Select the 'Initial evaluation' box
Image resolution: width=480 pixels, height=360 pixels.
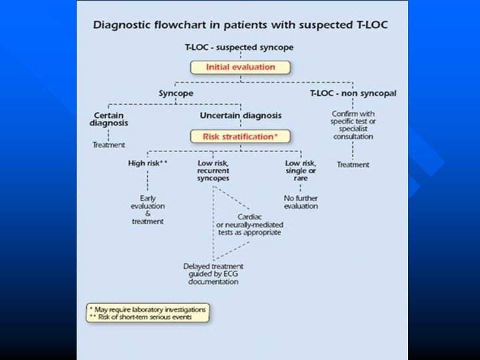(240, 67)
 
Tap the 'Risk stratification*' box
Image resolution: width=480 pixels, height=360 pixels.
(240, 136)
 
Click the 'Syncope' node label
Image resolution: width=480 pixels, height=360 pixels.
(176, 93)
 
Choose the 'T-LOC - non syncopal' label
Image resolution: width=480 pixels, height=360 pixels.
(353, 93)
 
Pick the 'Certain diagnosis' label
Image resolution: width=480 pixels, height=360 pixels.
(108, 119)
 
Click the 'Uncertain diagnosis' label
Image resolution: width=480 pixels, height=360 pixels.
(241, 115)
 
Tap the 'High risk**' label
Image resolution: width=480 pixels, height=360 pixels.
(147, 163)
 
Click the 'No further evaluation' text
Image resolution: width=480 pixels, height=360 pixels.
(301, 202)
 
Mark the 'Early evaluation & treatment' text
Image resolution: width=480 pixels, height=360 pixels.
(147, 209)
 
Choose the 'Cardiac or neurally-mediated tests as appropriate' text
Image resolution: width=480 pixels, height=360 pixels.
(248, 225)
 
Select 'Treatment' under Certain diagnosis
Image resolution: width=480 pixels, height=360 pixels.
(108, 145)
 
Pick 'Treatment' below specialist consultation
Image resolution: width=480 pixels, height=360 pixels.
(353, 164)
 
